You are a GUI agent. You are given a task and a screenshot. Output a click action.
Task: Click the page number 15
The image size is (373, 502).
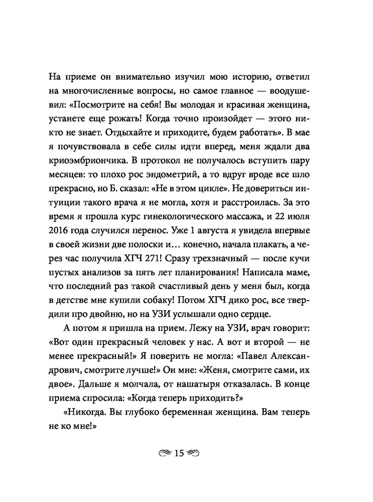(x=180, y=453)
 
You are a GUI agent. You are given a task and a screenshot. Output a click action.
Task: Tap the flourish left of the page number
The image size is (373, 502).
(x=165, y=453)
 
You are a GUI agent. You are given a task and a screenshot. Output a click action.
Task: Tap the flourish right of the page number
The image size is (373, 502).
(x=194, y=453)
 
